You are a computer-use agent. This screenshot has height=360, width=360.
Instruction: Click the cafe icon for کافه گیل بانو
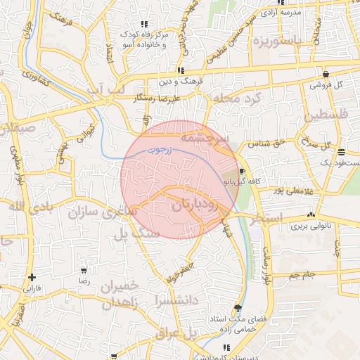tap(242, 171)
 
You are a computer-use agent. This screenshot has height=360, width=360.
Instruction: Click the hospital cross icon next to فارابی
tap(32, 277)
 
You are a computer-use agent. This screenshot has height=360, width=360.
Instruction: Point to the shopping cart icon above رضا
tap(84, 270)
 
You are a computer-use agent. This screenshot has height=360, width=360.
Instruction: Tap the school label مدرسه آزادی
tap(300, 13)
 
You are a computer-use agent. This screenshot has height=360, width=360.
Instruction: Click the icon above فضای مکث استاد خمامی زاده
tap(238, 309)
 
